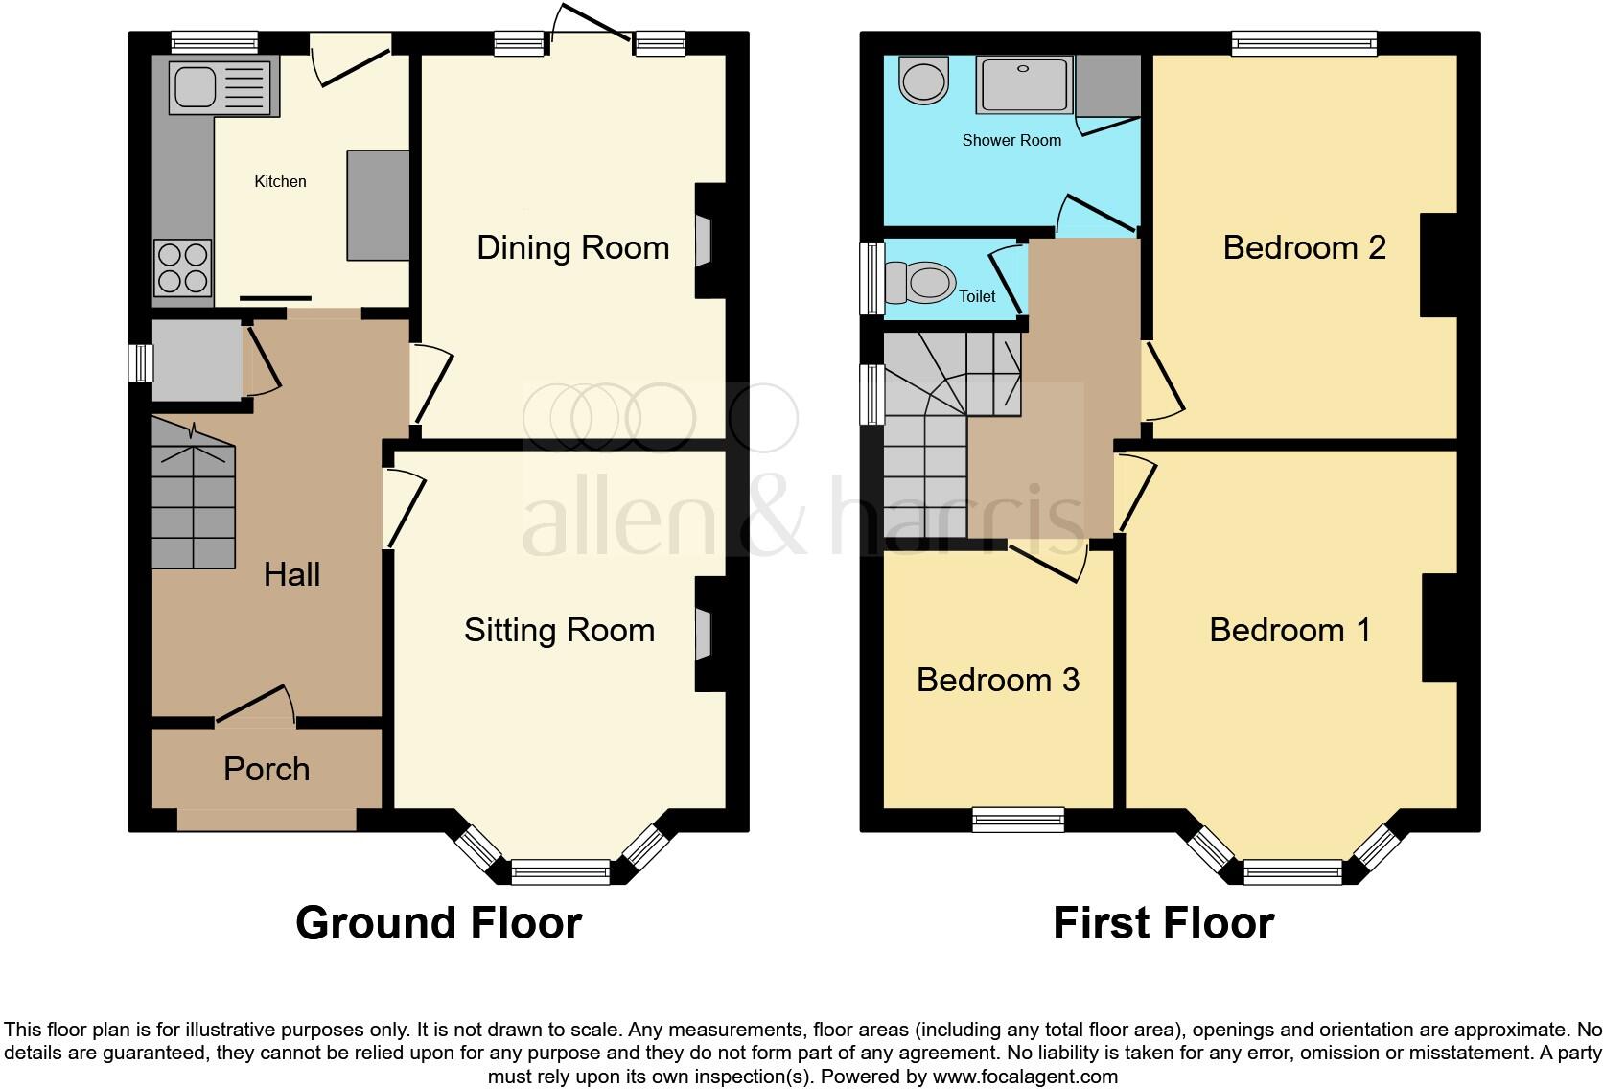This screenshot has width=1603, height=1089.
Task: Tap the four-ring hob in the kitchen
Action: click(182, 267)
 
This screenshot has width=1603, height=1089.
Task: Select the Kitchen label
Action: click(280, 181)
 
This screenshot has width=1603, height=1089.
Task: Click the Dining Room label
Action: click(572, 247)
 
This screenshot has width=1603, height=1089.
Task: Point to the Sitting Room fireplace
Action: click(706, 634)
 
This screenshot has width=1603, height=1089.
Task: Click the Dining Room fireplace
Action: click(706, 242)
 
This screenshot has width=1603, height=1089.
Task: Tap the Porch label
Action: click(267, 769)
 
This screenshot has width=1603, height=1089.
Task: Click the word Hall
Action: click(291, 574)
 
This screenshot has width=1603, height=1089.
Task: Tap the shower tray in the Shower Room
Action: click(1025, 85)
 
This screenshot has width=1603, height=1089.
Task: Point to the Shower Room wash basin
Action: click(923, 80)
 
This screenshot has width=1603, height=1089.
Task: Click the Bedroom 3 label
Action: click(997, 680)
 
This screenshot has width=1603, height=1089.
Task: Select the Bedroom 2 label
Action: click(1304, 247)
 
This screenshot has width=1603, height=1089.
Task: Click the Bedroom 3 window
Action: click(1018, 819)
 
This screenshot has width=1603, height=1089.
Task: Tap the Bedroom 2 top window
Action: click(1304, 43)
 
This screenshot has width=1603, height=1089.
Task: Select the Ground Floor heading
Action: click(438, 923)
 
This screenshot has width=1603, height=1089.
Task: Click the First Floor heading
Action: click(1163, 923)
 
